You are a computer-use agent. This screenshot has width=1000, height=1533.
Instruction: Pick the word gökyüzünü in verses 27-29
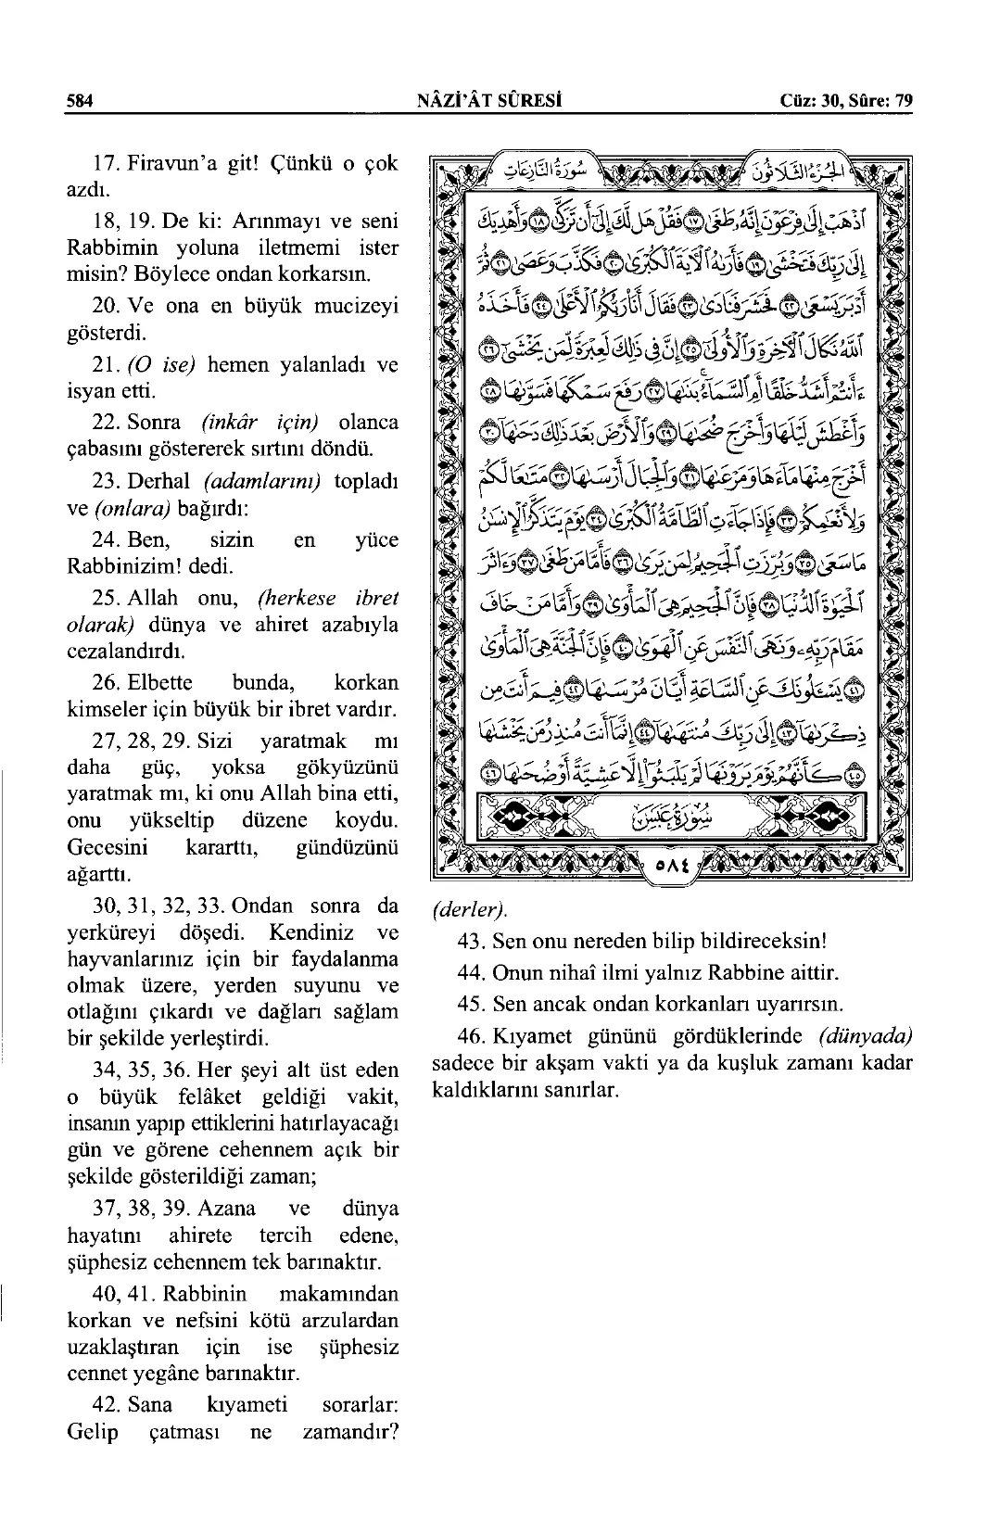348,767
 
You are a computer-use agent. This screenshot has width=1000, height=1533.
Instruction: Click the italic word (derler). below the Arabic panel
470,907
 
